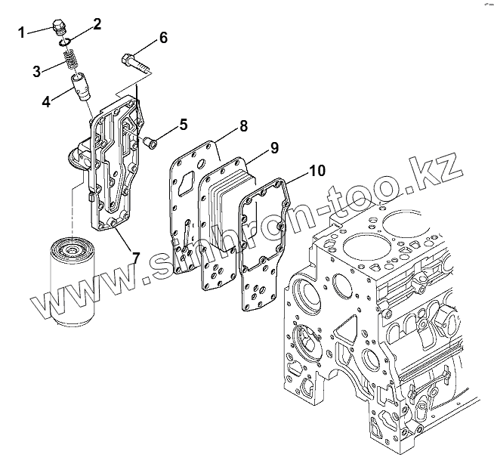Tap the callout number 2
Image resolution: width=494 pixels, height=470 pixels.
97,24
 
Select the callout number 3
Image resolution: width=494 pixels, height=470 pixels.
37,72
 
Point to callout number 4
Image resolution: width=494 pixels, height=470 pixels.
46,100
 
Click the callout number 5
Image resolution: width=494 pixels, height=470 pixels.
183,122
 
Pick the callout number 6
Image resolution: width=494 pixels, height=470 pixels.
162,39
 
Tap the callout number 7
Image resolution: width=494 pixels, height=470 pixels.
135,257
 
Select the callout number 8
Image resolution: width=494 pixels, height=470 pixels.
243,127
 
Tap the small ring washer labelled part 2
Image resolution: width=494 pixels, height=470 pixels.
66,41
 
